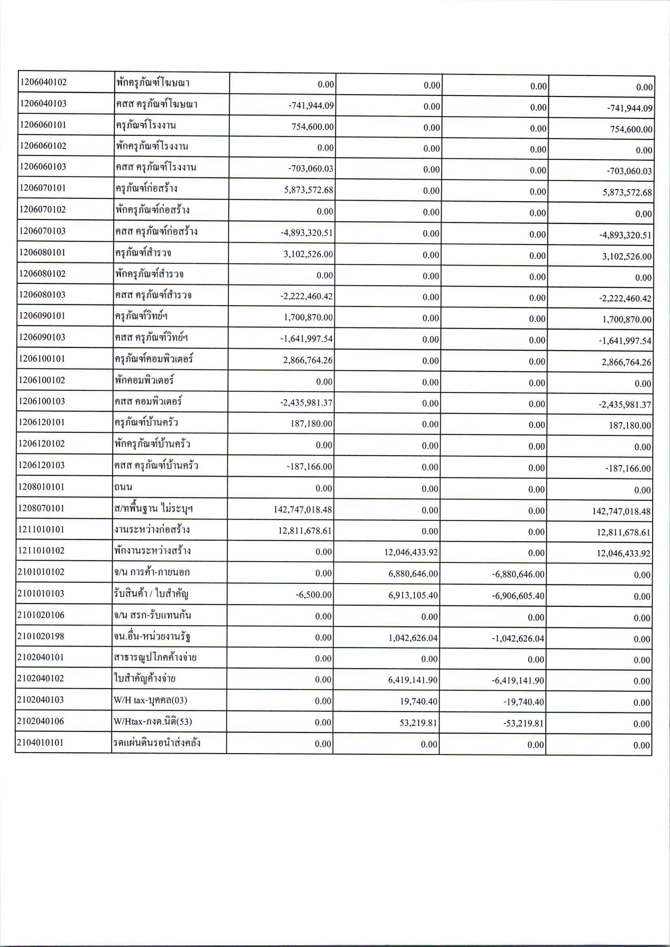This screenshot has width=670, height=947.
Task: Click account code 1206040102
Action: click(43, 82)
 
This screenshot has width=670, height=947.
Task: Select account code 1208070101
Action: click(41, 508)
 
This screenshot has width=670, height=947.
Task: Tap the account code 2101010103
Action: click(41, 594)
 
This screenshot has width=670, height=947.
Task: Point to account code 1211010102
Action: click(41, 551)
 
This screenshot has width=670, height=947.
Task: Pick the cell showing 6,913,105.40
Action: click(413, 596)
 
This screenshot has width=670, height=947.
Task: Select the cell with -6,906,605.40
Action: click(518, 596)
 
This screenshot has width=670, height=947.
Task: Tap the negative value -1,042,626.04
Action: click(518, 639)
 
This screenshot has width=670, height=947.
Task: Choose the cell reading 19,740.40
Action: click(418, 702)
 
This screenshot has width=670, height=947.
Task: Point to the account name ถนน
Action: click(123, 487)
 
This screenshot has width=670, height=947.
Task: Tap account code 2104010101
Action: click(40, 743)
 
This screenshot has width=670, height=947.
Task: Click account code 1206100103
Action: click(42, 401)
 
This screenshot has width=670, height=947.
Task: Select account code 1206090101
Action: click(42, 316)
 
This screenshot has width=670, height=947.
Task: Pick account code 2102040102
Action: click(40, 679)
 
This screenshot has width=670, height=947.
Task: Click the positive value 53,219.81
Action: click(418, 723)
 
